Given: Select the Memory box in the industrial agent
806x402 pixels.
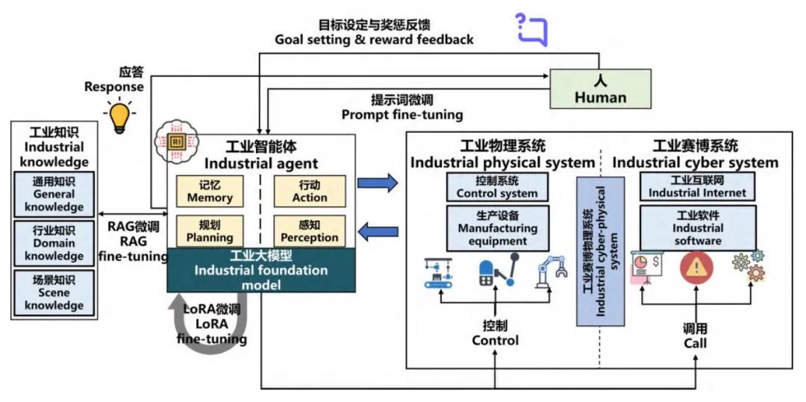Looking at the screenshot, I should pos(210,191).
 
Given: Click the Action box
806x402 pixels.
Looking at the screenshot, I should pos(310,191).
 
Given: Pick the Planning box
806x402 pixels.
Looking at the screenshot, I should pos(210,231).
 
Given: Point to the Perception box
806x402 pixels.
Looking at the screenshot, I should pos(310,231).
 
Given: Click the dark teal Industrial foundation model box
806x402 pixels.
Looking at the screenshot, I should pos(261,269).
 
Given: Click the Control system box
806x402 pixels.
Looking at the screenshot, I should pos(497,186).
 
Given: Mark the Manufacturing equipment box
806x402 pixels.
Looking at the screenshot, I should pos(497,228).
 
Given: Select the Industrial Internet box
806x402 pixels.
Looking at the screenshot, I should pos(697,186).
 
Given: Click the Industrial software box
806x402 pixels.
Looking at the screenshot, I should pos(697,228).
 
